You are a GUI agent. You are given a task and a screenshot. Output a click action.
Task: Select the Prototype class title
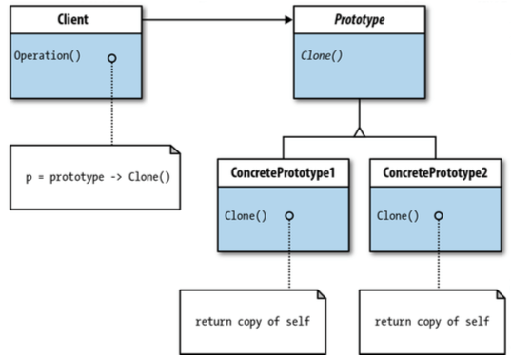coord(353,18)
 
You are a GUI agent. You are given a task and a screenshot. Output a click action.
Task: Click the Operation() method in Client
coord(48,55)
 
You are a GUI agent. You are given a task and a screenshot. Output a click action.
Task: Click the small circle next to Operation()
coord(111,56)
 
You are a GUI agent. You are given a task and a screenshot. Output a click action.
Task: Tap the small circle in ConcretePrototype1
coord(289,216)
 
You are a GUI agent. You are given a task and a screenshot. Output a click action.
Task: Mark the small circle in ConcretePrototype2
coord(442,216)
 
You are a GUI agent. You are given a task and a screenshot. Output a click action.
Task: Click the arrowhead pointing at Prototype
coord(286,18)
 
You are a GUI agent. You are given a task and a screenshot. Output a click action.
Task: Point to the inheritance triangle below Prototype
coord(358,130)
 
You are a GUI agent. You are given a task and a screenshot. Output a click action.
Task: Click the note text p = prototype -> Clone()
coord(104,178)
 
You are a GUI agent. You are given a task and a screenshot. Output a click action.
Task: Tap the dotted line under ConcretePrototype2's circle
coord(442,257)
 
